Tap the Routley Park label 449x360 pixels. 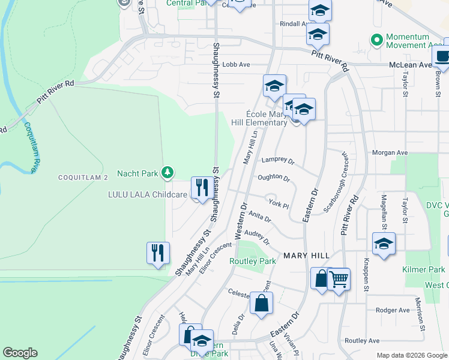point(252,261)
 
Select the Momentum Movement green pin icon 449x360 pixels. point(376,40)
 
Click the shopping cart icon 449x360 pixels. point(339,278)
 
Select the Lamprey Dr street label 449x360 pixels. point(278,161)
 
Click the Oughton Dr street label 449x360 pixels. point(274,178)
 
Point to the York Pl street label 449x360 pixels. point(279,205)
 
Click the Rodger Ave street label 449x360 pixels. point(392,310)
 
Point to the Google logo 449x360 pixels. point(20,353)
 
